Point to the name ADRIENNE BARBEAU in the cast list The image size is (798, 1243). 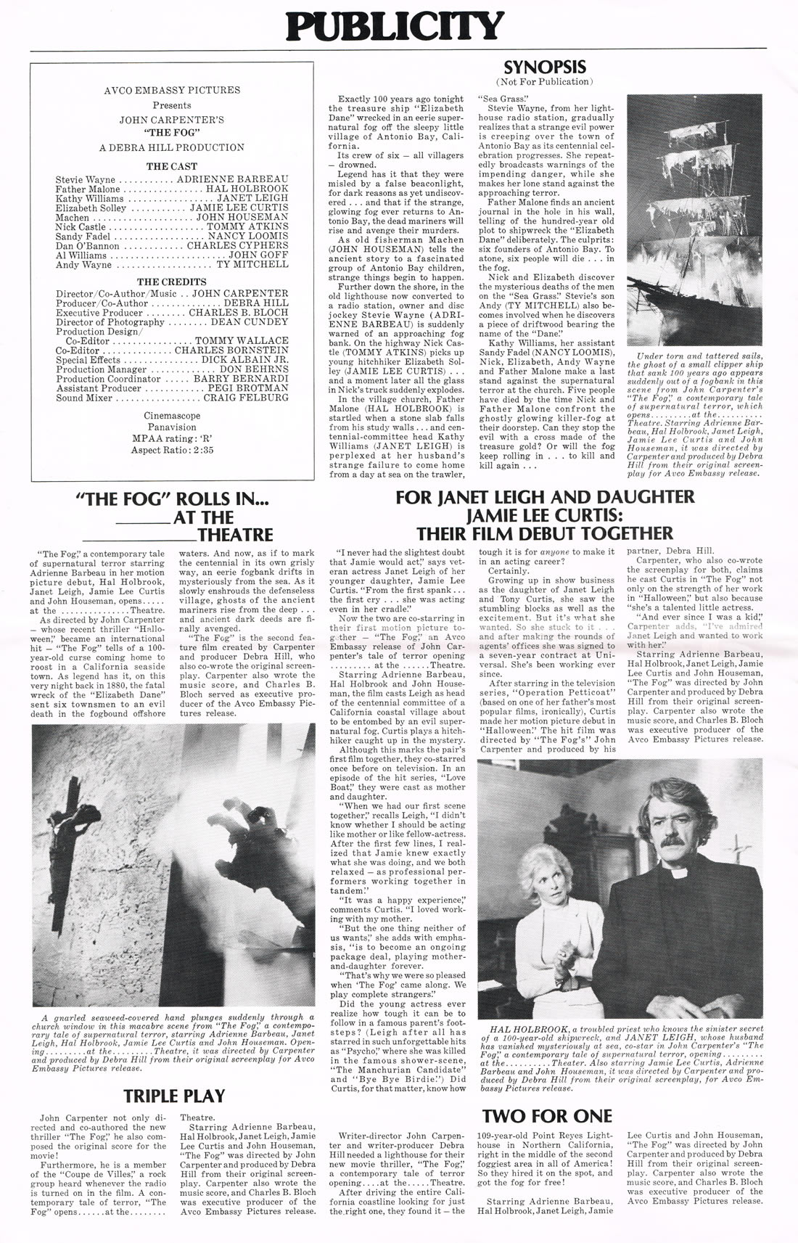[x=232, y=179]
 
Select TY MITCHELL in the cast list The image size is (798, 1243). [x=253, y=265]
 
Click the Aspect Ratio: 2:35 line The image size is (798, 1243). [x=172, y=450]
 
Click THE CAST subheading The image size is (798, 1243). [x=172, y=166]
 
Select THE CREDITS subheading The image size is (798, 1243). [x=172, y=282]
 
